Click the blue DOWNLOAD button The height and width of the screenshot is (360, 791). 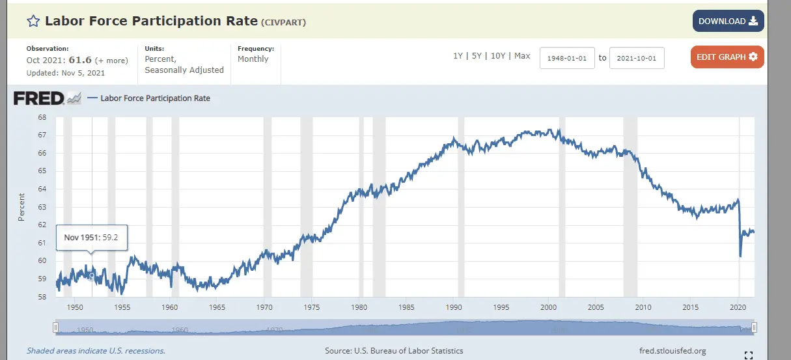728,21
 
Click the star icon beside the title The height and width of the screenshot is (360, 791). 33,21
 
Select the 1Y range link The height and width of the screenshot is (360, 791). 458,56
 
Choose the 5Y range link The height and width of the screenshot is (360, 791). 477,56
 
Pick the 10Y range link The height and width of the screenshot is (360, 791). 497,56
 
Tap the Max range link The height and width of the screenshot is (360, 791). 522,56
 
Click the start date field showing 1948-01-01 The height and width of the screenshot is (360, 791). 567,58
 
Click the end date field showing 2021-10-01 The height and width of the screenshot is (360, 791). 637,58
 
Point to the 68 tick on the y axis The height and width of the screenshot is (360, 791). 42,118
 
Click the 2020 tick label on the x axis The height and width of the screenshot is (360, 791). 738,307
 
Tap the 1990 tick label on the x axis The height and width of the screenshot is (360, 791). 454,307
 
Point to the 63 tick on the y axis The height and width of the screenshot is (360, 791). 42,207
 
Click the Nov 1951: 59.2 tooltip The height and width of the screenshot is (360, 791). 92,238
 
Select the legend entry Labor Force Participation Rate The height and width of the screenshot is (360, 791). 155,98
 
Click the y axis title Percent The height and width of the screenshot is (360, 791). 21,207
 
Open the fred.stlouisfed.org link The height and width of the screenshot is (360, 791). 673,351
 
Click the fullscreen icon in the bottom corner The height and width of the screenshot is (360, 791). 748,355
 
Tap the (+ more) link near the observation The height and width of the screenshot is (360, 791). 112,61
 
